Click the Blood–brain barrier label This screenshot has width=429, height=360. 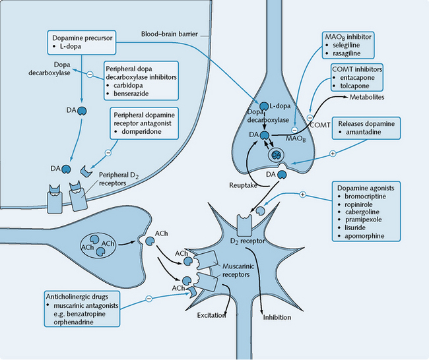[x=168, y=34]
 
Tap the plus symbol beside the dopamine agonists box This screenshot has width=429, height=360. [x=303, y=195]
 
